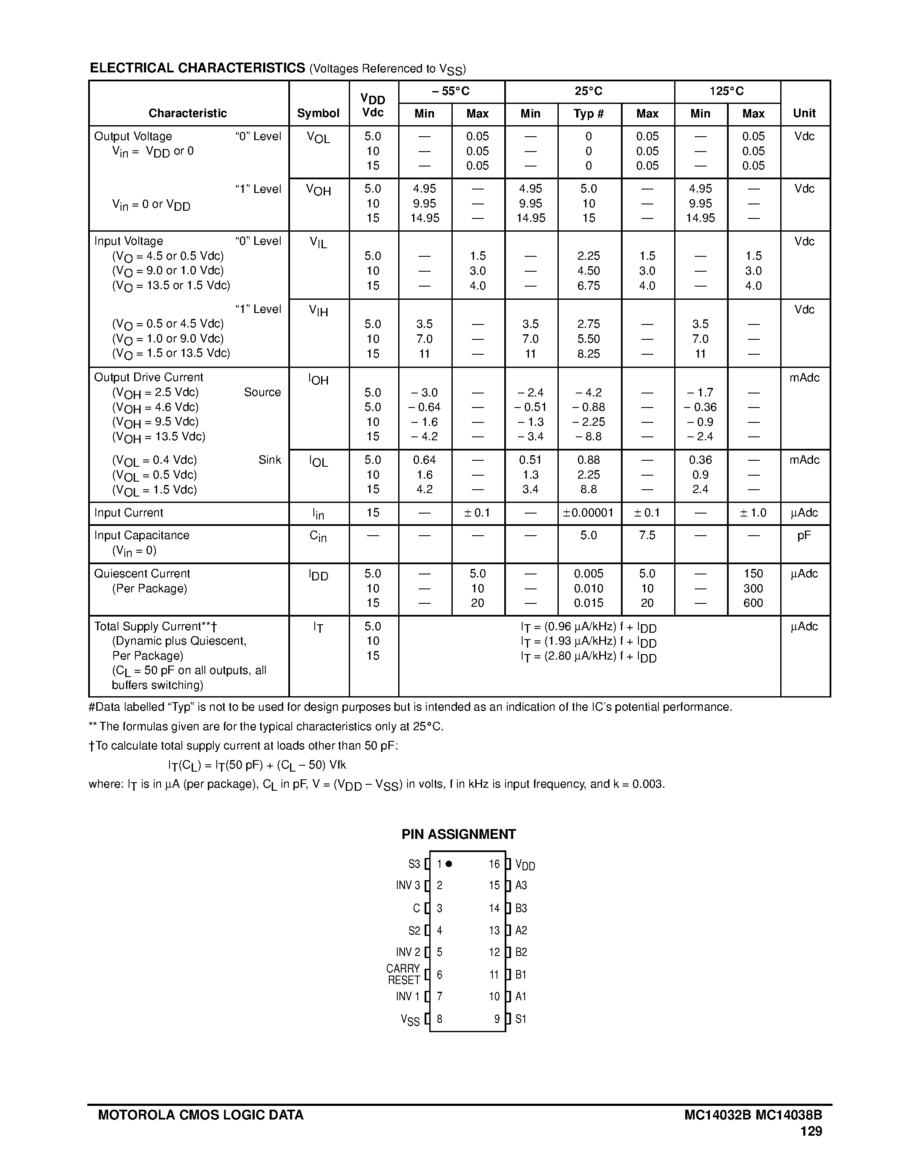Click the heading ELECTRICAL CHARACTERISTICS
click(197, 68)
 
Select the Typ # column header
click(589, 114)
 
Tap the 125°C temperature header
click(727, 91)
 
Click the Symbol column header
click(318, 113)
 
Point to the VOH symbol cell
click(319, 190)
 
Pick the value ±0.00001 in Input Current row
click(588, 513)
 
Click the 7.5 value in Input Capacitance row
click(647, 535)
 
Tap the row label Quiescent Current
click(142, 573)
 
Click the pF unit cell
click(804, 535)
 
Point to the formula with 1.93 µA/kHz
click(588, 641)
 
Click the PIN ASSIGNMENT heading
click(458, 834)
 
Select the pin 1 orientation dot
click(449, 864)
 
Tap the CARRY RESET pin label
click(403, 974)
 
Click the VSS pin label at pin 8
click(410, 1020)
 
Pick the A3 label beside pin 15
click(521, 885)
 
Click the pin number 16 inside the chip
click(494, 864)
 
